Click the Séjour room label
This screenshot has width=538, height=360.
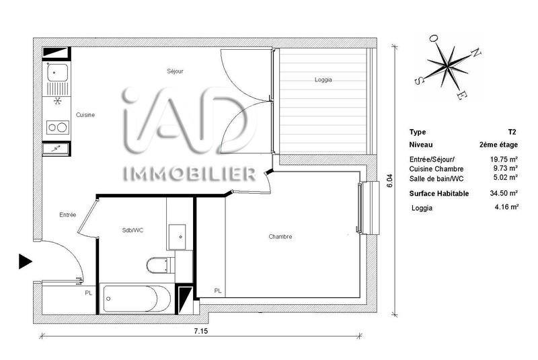(x=176, y=71)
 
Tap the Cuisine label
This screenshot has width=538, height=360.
(x=85, y=114)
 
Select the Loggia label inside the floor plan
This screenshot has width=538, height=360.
(x=323, y=80)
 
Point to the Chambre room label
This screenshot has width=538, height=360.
(x=280, y=236)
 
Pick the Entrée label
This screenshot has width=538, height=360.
(x=67, y=215)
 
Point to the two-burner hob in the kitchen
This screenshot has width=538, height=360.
(x=57, y=127)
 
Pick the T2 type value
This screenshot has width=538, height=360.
(x=512, y=132)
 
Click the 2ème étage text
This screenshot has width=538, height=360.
(x=498, y=144)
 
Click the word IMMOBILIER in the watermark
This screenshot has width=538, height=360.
(x=189, y=174)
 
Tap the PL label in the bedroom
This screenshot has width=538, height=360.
(x=218, y=291)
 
